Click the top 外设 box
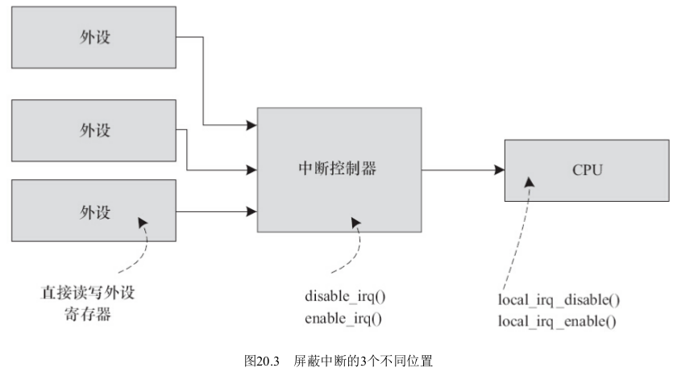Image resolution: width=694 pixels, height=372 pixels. [94, 38]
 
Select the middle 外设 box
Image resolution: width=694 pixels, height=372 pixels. [94, 129]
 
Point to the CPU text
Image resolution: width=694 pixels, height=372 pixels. [585, 170]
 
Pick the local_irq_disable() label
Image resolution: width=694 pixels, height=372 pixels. [559, 300]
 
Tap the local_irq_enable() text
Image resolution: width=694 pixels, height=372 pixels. [557, 321]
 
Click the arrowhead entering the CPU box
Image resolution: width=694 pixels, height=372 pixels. [500, 170]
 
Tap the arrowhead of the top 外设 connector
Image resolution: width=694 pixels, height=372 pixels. [252, 125]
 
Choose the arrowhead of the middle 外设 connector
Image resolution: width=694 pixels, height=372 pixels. [252, 170]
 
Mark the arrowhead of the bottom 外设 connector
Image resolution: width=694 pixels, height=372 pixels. [252, 212]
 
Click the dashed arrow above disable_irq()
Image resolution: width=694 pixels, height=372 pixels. [352, 246]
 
